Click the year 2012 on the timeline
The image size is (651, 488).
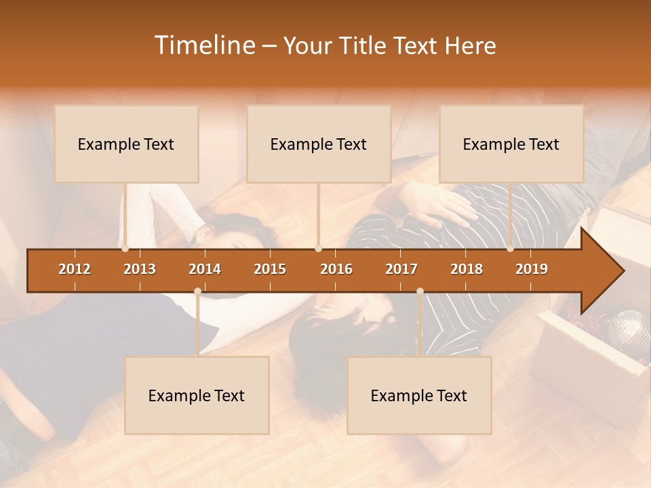click(x=75, y=269)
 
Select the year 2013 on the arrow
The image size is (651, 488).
click(x=140, y=269)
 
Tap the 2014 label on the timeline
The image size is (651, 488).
click(x=205, y=269)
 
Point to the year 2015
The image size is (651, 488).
click(x=270, y=269)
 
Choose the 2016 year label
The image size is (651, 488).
click(x=336, y=269)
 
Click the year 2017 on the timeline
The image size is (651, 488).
click(x=401, y=269)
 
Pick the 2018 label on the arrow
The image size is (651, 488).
click(x=467, y=269)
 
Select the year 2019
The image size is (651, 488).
click(x=532, y=269)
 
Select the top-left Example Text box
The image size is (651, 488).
click(x=126, y=144)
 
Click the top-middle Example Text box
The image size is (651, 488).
click(x=319, y=144)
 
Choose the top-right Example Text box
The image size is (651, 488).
click(x=511, y=144)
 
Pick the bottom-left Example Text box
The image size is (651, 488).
click(x=197, y=395)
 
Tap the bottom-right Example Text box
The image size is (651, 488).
click(x=419, y=395)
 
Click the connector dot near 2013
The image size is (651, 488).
click(x=125, y=249)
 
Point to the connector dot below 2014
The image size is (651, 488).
click(x=197, y=291)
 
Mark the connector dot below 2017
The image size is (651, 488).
click(x=420, y=291)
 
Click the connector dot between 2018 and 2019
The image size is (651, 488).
click(x=510, y=249)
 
